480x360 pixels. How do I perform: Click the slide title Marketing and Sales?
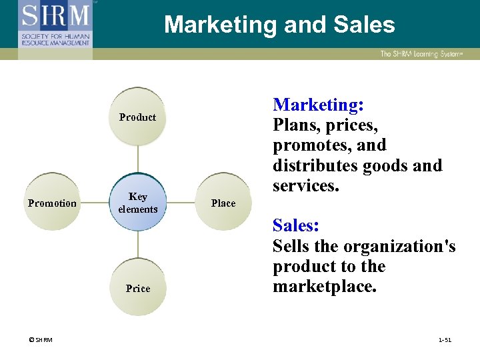(x=279, y=25)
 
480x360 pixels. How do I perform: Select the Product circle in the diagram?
(x=138, y=117)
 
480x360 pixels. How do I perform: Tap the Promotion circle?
(x=52, y=203)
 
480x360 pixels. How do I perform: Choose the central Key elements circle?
(x=138, y=203)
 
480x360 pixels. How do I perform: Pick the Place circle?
(x=223, y=203)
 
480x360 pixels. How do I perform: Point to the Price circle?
(x=138, y=288)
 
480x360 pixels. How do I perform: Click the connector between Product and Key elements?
(x=138, y=160)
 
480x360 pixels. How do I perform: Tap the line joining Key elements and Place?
(x=181, y=203)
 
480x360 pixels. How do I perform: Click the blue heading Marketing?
(x=318, y=105)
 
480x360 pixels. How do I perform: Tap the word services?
(x=306, y=186)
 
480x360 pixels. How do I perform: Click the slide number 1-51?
(x=445, y=340)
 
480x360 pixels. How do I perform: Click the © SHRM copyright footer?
(x=41, y=340)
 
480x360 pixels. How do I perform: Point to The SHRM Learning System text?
(x=421, y=54)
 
